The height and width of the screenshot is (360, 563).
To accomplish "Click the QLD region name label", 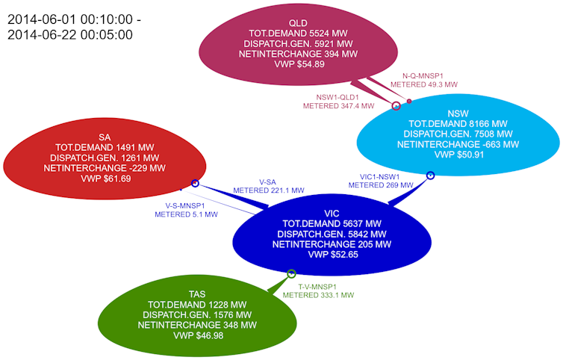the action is coord(298,23).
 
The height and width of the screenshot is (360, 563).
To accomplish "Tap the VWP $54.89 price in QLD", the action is coord(299,64).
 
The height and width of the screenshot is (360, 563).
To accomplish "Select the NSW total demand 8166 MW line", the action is coord(458,124).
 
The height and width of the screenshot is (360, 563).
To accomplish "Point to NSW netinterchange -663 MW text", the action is coord(458,144).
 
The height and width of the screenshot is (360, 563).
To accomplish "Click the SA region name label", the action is coord(105,137).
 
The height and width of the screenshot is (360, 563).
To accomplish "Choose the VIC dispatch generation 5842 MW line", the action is coord(332,235).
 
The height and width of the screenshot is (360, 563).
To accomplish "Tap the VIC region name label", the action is coord(332,214).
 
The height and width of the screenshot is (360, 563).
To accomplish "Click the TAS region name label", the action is coord(197,294).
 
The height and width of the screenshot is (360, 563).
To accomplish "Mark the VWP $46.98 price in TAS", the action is coord(198,335).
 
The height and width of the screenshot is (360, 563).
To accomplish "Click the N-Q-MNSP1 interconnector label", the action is coord(423,76).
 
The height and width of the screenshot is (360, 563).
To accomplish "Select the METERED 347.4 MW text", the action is coord(338,106).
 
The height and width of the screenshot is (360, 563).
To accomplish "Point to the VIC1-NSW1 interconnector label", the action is coord(379,177).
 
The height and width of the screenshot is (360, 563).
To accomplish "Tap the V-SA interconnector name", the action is coord(267,182).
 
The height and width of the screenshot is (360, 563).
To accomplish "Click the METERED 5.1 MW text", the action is coord(186,214).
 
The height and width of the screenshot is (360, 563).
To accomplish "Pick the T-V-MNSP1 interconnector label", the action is coord(317,287).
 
